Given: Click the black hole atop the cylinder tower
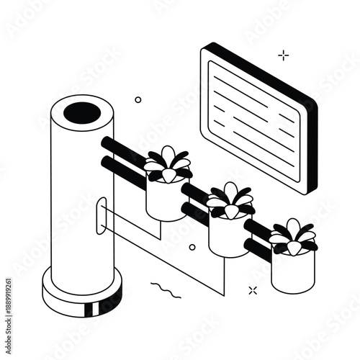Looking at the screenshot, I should tap(83, 112).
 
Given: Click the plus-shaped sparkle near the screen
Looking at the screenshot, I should tap(284, 55).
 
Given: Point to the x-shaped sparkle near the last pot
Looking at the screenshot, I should tap(253, 290).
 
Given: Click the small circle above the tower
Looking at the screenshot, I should tap(138, 99).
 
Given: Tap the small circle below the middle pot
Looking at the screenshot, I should tap(192, 247).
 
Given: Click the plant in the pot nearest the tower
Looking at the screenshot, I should tap(168, 163).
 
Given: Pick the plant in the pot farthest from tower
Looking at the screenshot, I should tap(294, 235).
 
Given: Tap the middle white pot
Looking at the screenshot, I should tap(228, 235).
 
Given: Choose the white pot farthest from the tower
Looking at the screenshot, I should tap(292, 271).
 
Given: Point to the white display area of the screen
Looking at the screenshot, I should tap(252, 119).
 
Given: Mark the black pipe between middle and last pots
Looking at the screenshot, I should tap(257, 238).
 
